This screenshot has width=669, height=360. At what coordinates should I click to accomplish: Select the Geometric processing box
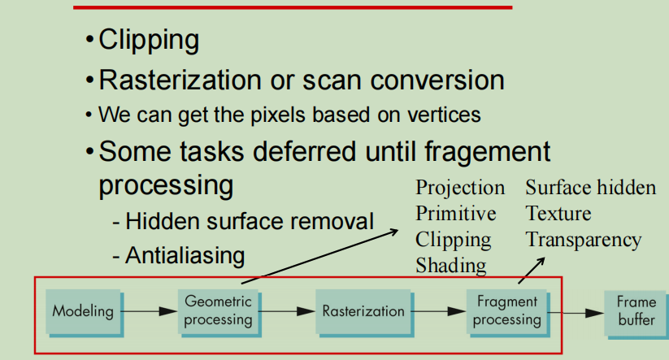(x=218, y=310)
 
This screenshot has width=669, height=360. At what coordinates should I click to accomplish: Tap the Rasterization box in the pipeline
(x=363, y=310)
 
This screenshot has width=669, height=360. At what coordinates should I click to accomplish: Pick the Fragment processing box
(x=507, y=310)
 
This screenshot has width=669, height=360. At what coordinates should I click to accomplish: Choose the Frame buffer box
(x=636, y=310)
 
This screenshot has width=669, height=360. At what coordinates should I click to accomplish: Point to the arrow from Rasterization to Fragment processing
(x=439, y=310)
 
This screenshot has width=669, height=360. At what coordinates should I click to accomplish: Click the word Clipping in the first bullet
(x=149, y=39)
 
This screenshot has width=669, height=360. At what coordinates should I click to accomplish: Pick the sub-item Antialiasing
(x=185, y=255)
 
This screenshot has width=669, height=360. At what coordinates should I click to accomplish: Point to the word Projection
(x=460, y=188)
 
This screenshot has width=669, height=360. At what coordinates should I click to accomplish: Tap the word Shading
(x=451, y=265)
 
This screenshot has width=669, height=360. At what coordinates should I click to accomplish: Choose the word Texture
(x=558, y=214)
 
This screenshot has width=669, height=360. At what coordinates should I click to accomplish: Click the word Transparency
(x=584, y=240)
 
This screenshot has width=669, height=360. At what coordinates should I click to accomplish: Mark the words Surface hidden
(x=590, y=188)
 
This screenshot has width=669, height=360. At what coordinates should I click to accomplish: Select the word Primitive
(x=456, y=214)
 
